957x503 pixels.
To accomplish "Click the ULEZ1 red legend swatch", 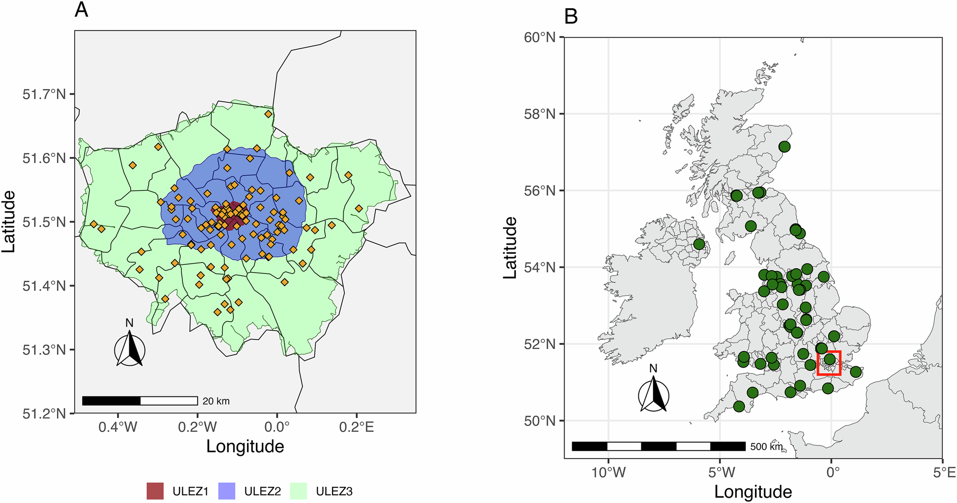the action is pos(155,491).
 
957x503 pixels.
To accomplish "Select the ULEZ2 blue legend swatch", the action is pos(227,491).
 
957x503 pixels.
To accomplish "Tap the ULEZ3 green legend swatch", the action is pos(299,491).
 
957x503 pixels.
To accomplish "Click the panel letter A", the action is pos(81,10).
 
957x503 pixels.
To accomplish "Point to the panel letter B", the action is pos(571,16).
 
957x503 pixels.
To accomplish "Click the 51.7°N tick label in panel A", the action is pos(44,94).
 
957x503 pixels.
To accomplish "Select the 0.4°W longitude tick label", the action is pos(118,426).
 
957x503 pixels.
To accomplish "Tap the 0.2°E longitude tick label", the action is pos(356,426).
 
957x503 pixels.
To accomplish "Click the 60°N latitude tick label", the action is pos(540,37).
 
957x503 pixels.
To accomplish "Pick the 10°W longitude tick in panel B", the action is pos(609,473).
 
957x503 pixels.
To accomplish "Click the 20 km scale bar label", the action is pos(216,401).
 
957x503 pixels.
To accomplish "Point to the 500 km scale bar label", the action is pos(767,447).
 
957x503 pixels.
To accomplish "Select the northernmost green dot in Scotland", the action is pos(784,147).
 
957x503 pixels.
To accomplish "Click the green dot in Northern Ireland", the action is pos(699,244).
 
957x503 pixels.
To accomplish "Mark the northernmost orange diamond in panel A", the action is pos(268,114).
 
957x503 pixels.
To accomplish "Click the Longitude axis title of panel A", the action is pos(245,447).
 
